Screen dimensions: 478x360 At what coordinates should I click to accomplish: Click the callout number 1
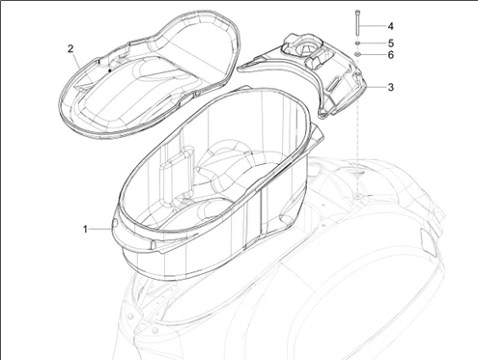pyautogui.click(x=85, y=229)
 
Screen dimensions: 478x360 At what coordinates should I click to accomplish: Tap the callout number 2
pyautogui.click(x=70, y=47)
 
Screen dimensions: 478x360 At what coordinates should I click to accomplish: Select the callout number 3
pyautogui.click(x=390, y=88)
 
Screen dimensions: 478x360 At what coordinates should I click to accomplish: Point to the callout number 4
pyautogui.click(x=390, y=26)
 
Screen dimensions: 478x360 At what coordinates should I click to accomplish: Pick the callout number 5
pyautogui.click(x=390, y=43)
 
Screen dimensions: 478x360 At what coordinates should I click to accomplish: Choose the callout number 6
pyautogui.click(x=390, y=56)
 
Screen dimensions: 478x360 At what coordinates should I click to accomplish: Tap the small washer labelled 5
pyautogui.click(x=358, y=43)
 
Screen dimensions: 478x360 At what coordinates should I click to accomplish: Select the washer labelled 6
pyautogui.click(x=358, y=56)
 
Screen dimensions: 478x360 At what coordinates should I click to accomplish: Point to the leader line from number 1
pyautogui.click(x=100, y=228)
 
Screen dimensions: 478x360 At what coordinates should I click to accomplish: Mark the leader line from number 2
pyautogui.click(x=82, y=56)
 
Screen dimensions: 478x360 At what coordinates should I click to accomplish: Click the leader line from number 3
pyautogui.click(x=376, y=88)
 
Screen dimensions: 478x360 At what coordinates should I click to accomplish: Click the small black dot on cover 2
pyautogui.click(x=110, y=69)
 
